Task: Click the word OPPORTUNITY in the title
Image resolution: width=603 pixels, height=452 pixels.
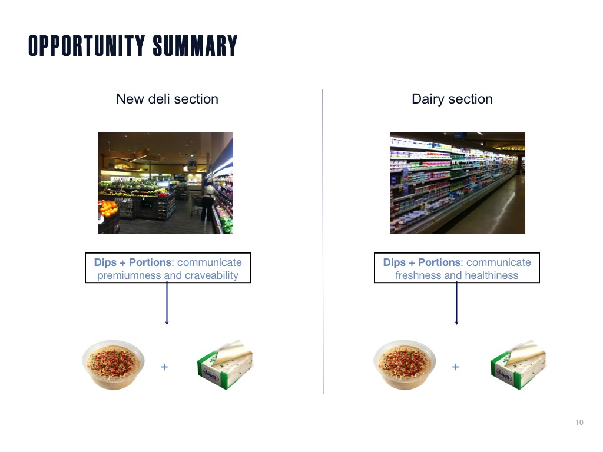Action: (87, 46)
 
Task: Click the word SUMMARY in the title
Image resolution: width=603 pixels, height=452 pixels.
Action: (195, 46)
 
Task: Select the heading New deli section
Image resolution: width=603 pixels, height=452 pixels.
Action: (167, 99)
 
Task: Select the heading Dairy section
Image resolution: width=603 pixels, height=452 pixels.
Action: (452, 99)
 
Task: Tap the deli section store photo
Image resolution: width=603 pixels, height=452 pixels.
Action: (165, 183)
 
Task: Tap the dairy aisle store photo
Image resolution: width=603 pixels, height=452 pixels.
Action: (458, 183)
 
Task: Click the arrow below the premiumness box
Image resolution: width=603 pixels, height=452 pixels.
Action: (167, 304)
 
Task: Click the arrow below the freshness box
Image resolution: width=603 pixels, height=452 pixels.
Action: (456, 304)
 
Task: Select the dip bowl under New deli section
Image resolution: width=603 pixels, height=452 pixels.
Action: (114, 364)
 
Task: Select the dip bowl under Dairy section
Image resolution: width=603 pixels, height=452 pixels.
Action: (405, 364)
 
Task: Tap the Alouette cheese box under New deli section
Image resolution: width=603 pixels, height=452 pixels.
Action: (225, 364)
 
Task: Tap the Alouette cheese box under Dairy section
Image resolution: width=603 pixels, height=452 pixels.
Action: (518, 364)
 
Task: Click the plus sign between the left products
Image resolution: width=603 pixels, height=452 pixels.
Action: (164, 367)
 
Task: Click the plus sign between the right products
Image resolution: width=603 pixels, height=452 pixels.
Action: (456, 367)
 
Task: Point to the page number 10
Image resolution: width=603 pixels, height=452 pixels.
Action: (579, 423)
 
